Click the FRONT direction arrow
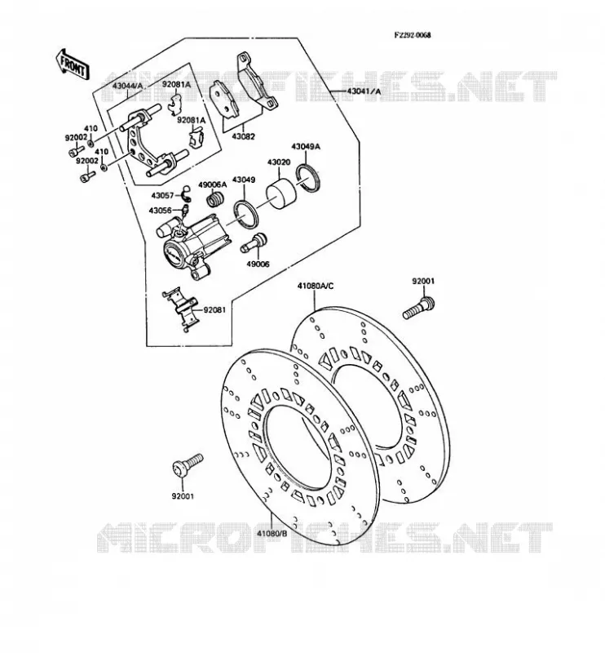(72, 64)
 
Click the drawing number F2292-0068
(413, 35)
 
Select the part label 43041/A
(364, 91)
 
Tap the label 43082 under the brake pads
(243, 136)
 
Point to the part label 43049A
(306, 147)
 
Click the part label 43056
(160, 211)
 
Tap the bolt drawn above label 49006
(254, 242)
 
